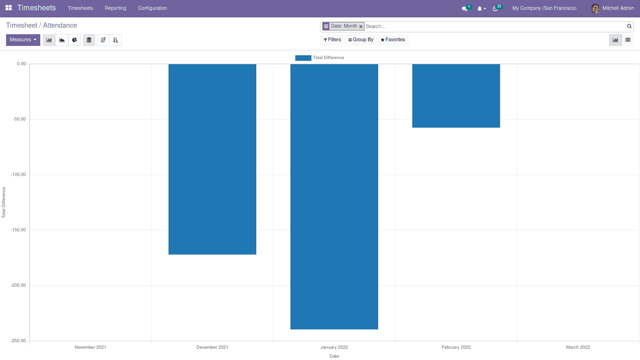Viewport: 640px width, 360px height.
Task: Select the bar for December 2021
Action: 212,159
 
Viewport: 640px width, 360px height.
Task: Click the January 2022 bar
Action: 334,196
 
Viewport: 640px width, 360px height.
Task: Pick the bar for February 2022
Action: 456,96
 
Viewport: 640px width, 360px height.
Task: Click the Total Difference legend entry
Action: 320,58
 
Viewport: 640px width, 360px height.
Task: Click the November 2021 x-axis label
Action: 90,347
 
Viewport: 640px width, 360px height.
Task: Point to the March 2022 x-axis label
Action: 578,347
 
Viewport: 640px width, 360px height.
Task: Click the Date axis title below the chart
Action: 334,356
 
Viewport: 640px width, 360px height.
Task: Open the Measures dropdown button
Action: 23,40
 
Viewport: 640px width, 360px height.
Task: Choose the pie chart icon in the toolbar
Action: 74,40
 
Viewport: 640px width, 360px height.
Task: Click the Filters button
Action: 332,40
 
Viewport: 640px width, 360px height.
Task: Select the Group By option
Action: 361,40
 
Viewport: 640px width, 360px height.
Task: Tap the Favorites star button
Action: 393,40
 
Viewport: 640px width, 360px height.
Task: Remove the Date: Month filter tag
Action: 361,27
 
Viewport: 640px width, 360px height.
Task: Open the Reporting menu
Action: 115,8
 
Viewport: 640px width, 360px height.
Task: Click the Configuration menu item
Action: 152,8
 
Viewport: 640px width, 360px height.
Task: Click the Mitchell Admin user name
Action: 618,8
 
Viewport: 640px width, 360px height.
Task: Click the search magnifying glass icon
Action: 629,26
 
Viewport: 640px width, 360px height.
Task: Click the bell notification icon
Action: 480,8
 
